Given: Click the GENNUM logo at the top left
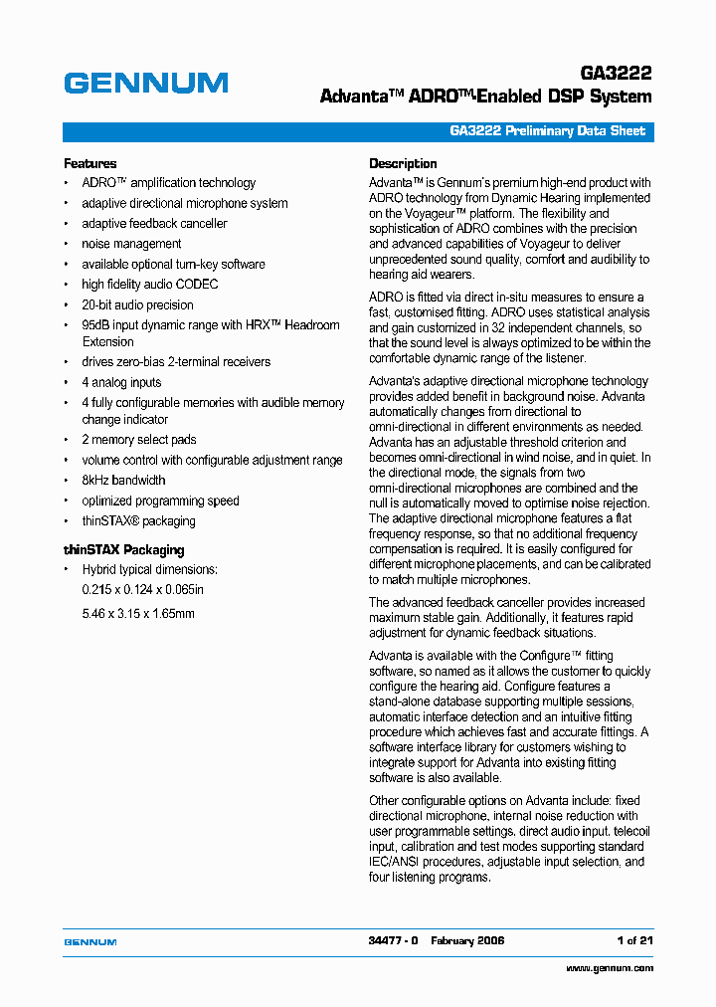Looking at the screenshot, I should click(x=145, y=83).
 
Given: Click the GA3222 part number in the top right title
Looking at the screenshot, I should click(x=616, y=75).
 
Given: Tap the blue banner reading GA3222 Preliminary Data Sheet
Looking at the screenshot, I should click(x=547, y=131).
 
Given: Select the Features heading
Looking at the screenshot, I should click(x=89, y=163).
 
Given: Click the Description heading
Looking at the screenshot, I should click(x=403, y=163).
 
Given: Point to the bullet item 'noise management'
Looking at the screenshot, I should click(x=131, y=244).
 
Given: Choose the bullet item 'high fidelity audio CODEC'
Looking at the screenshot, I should click(x=149, y=285).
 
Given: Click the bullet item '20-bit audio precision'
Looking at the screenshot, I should click(x=137, y=305).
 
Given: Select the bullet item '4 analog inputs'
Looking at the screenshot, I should click(x=121, y=382).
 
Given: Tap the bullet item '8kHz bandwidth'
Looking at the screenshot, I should click(x=123, y=481).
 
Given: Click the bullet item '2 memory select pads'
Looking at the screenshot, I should click(x=138, y=440).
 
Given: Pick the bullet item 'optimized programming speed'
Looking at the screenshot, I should click(x=160, y=502).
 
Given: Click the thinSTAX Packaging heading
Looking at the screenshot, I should click(x=123, y=549).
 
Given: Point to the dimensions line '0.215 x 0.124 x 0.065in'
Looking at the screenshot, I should click(x=142, y=590).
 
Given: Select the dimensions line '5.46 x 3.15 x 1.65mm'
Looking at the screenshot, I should click(x=138, y=614).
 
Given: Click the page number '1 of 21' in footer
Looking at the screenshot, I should click(x=634, y=940).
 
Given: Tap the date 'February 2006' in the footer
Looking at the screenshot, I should click(x=467, y=940).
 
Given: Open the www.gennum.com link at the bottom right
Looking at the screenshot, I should click(x=610, y=968).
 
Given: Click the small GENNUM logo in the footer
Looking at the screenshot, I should click(x=90, y=941).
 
